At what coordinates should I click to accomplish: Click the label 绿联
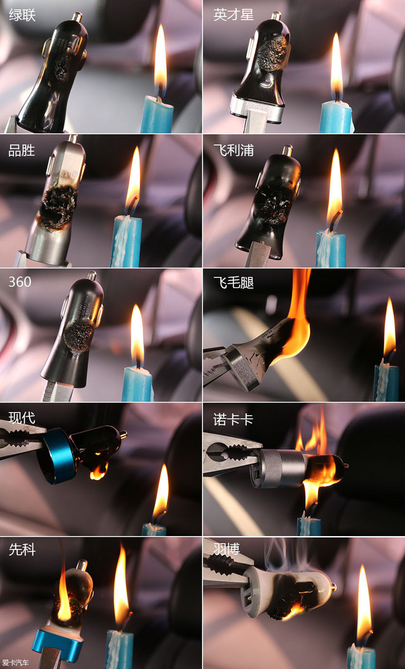click(22, 15)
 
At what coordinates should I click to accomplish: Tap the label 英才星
click(234, 15)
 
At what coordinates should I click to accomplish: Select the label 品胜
click(22, 151)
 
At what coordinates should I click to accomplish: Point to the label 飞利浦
click(234, 150)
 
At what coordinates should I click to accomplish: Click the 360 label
click(20, 282)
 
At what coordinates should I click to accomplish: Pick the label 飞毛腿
click(234, 282)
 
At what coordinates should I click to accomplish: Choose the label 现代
click(22, 418)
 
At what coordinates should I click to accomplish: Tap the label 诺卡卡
click(234, 420)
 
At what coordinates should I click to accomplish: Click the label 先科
click(22, 549)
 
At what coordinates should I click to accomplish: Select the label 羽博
click(227, 549)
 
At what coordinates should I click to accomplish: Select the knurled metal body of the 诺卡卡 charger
click(283, 468)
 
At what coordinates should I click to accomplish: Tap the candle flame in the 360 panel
click(137, 334)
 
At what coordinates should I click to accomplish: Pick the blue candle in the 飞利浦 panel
click(331, 249)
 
